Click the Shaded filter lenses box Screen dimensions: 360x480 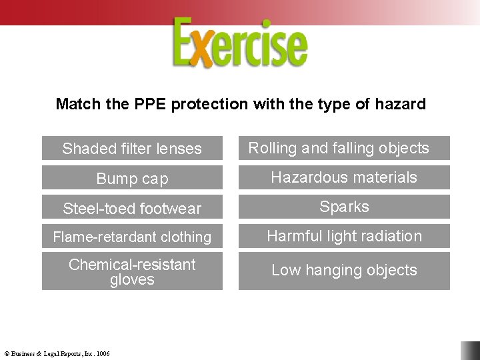point(132,148)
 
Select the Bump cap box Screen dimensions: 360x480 point(132,178)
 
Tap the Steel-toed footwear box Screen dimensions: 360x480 point(132,208)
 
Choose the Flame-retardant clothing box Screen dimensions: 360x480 point(132,237)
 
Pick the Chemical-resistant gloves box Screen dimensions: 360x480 point(132,271)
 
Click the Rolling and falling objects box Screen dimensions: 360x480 point(344,148)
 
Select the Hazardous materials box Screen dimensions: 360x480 point(344,177)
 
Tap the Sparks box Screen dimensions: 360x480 point(344,207)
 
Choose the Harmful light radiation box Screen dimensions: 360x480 point(344,236)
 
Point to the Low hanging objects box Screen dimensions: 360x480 point(344,270)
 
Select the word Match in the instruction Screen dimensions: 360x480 point(74,104)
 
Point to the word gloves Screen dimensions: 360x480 point(132,280)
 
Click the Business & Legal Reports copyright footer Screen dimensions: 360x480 point(57,353)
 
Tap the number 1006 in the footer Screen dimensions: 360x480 point(103,353)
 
